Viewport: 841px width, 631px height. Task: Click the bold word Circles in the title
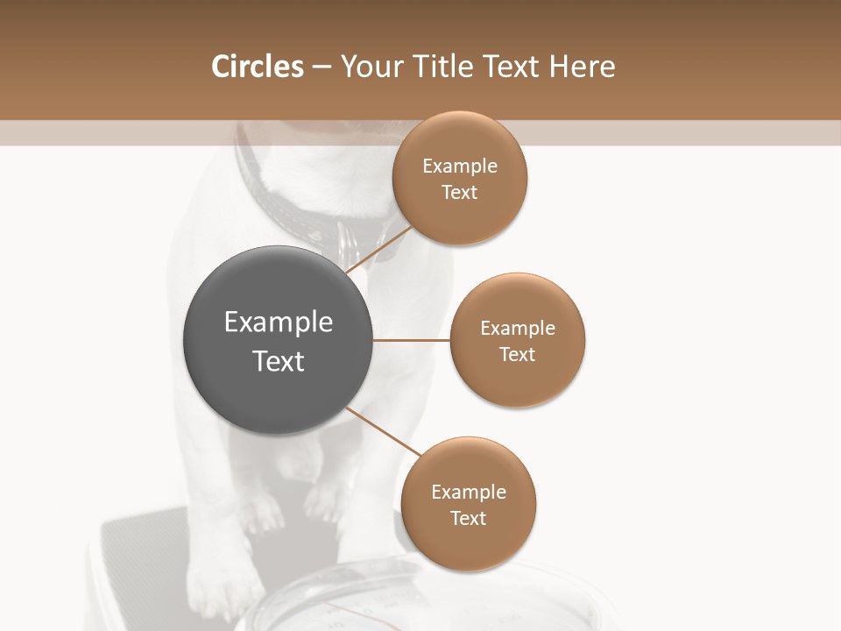click(257, 67)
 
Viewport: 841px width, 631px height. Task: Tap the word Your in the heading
click(370, 67)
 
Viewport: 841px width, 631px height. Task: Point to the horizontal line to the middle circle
click(412, 340)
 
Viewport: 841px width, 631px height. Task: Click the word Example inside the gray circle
click(279, 323)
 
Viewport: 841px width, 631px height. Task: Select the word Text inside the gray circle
click(279, 361)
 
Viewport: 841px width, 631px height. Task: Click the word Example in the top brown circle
click(460, 167)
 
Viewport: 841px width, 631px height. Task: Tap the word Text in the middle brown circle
click(518, 354)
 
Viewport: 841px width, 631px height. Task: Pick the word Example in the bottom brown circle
click(469, 493)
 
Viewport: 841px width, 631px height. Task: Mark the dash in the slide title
click(321, 67)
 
